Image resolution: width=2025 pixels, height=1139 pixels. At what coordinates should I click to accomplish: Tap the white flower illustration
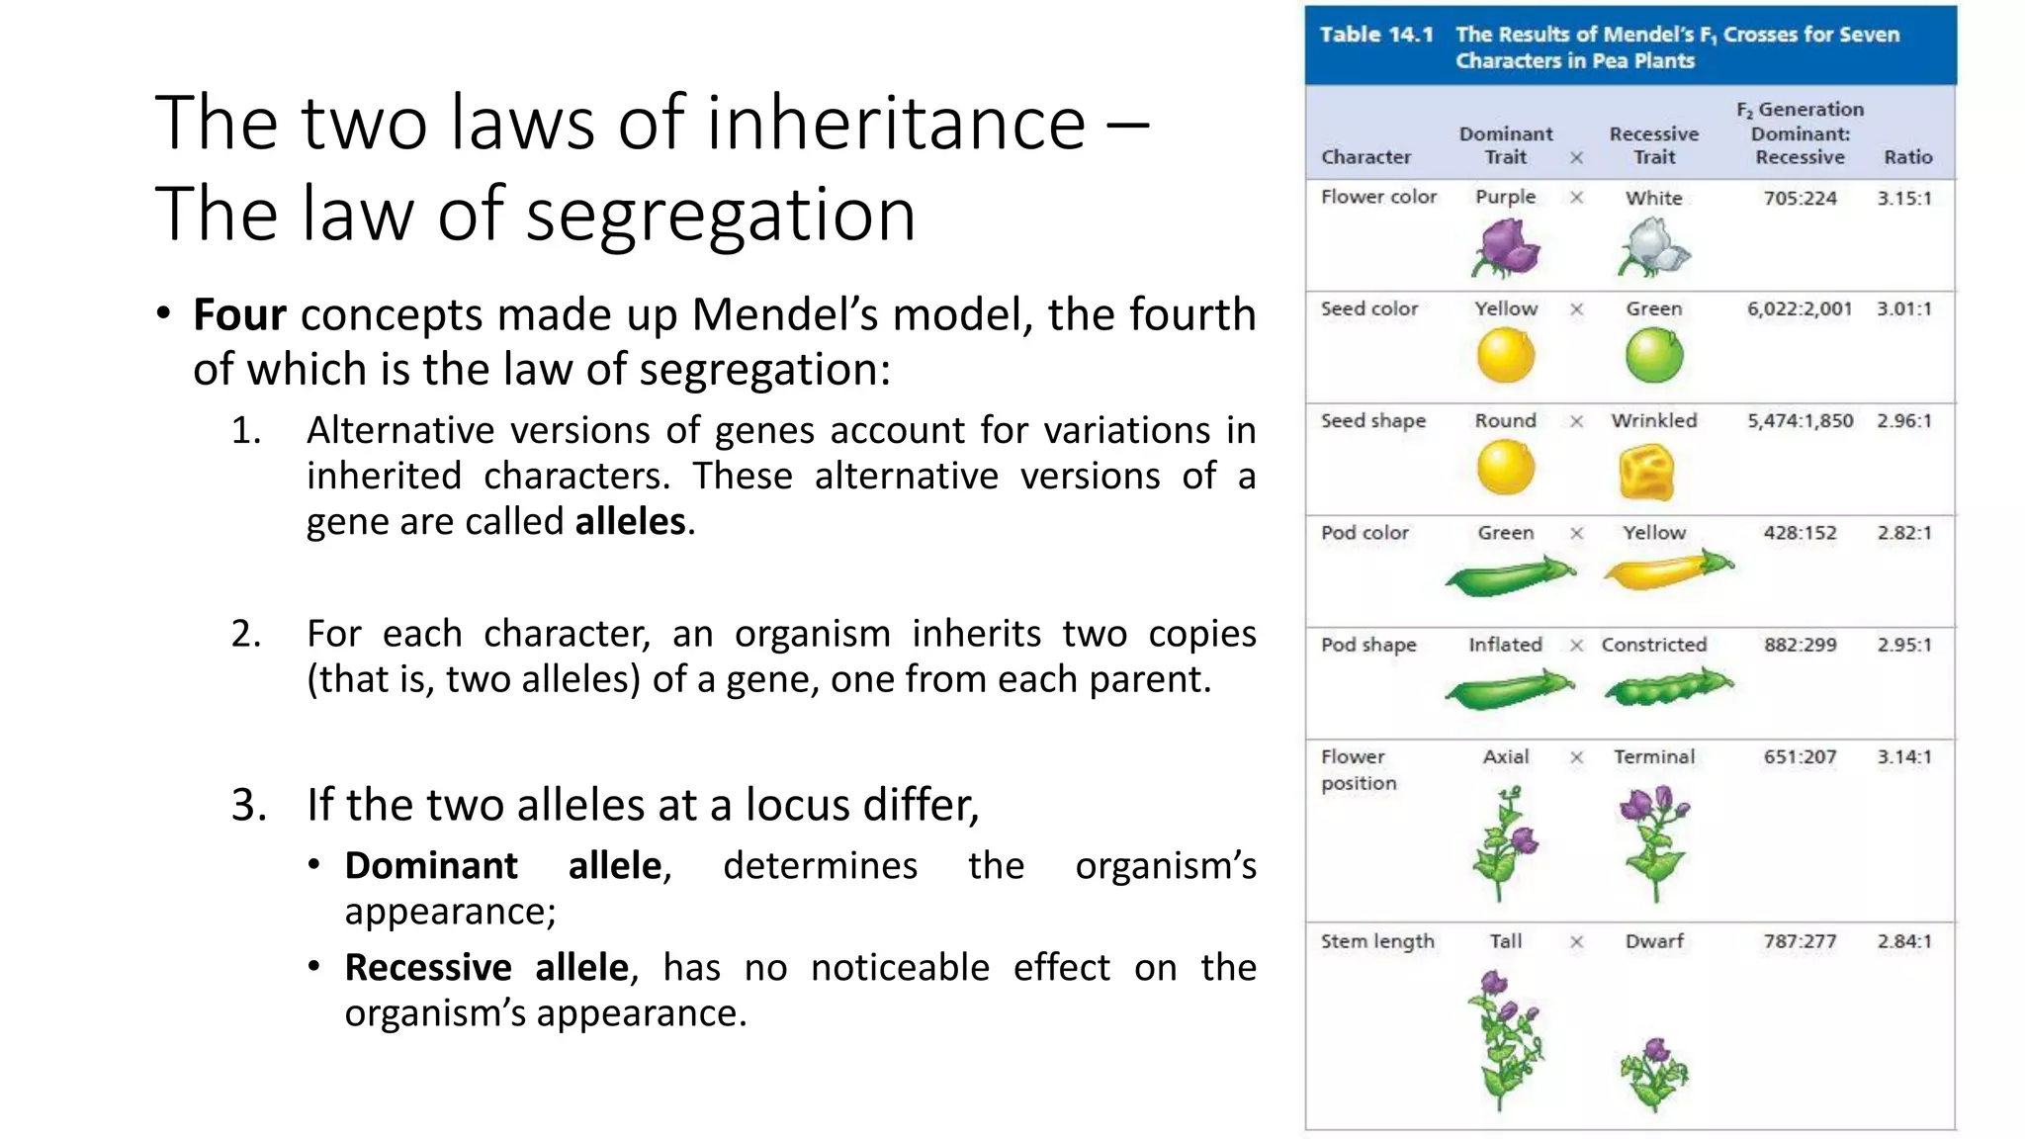click(1654, 247)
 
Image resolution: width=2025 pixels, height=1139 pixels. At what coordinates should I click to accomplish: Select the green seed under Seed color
click(1654, 355)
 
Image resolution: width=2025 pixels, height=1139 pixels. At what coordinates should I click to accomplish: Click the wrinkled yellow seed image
click(1646, 472)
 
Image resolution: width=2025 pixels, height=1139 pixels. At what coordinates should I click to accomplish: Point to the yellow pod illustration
click(1668, 570)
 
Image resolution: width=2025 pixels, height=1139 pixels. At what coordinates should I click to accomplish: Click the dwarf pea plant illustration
click(1654, 1075)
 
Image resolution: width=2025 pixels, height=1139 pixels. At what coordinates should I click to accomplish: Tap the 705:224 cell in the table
click(1800, 199)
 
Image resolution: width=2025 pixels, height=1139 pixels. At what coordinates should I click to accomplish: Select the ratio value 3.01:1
click(1904, 309)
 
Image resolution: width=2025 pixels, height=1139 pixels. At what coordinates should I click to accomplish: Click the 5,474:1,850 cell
click(1800, 421)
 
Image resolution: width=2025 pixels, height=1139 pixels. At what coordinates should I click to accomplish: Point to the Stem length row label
click(1377, 941)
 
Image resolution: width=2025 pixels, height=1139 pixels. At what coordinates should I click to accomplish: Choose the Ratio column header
click(1907, 157)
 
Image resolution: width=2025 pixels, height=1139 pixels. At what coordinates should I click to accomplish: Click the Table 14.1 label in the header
click(1376, 35)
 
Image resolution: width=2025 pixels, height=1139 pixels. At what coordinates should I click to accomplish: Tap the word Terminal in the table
click(1654, 757)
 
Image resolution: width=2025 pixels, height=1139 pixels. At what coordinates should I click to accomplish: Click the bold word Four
click(239, 315)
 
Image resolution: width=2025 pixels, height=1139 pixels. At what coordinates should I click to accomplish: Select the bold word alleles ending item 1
click(630, 522)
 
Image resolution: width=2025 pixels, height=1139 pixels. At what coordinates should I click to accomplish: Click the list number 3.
click(248, 805)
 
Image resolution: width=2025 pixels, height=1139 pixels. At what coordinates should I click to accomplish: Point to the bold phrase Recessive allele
click(486, 968)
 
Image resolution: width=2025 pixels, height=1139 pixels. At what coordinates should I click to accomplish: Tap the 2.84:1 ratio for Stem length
click(1904, 941)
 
